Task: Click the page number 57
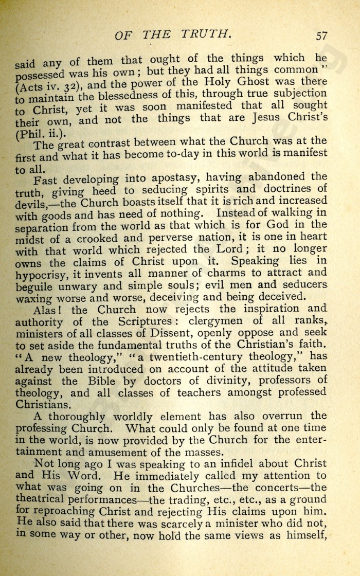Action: click(322, 35)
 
